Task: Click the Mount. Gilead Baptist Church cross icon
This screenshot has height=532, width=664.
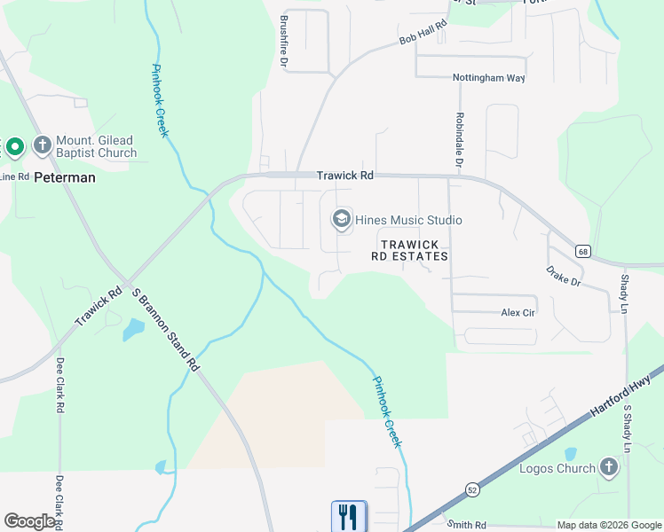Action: [x=42, y=145]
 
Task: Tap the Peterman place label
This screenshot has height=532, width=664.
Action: [x=64, y=177]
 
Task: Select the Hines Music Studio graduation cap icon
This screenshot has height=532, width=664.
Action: [x=341, y=219]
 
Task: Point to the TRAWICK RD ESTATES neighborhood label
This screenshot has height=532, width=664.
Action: [x=409, y=249]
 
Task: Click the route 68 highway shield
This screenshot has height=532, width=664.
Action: [x=582, y=251]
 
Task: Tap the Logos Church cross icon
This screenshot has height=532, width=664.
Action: [x=608, y=466]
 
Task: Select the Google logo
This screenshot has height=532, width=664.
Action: [x=29, y=521]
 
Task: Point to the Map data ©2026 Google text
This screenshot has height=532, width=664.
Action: [x=608, y=525]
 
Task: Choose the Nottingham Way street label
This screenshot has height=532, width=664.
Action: [x=488, y=78]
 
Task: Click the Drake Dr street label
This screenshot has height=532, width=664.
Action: [x=563, y=275]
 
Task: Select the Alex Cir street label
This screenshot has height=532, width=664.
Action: [x=518, y=312]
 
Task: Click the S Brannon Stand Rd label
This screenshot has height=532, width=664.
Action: [x=165, y=329]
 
